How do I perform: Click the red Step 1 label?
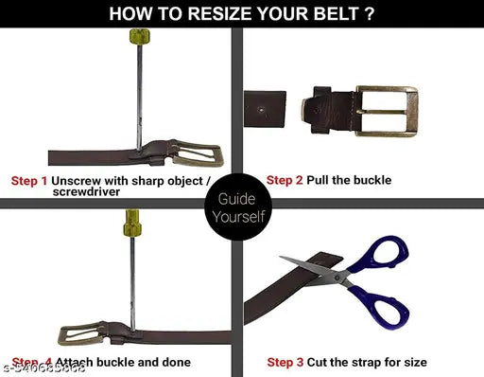(x=29, y=180)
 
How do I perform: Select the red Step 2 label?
(x=285, y=180)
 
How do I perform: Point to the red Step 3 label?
(x=285, y=362)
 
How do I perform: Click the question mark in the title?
(x=368, y=13)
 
